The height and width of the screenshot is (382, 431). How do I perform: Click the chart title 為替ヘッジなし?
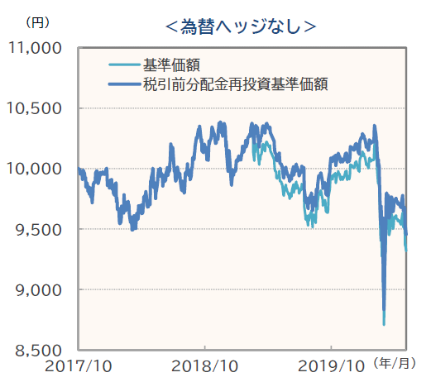(240, 26)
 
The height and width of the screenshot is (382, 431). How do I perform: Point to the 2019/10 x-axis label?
(331, 365)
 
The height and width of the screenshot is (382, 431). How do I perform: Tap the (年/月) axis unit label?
(396, 364)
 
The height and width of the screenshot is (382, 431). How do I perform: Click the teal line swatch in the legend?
(124, 65)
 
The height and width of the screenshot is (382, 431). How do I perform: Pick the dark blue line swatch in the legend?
(124, 84)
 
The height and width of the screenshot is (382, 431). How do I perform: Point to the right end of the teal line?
(406, 249)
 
